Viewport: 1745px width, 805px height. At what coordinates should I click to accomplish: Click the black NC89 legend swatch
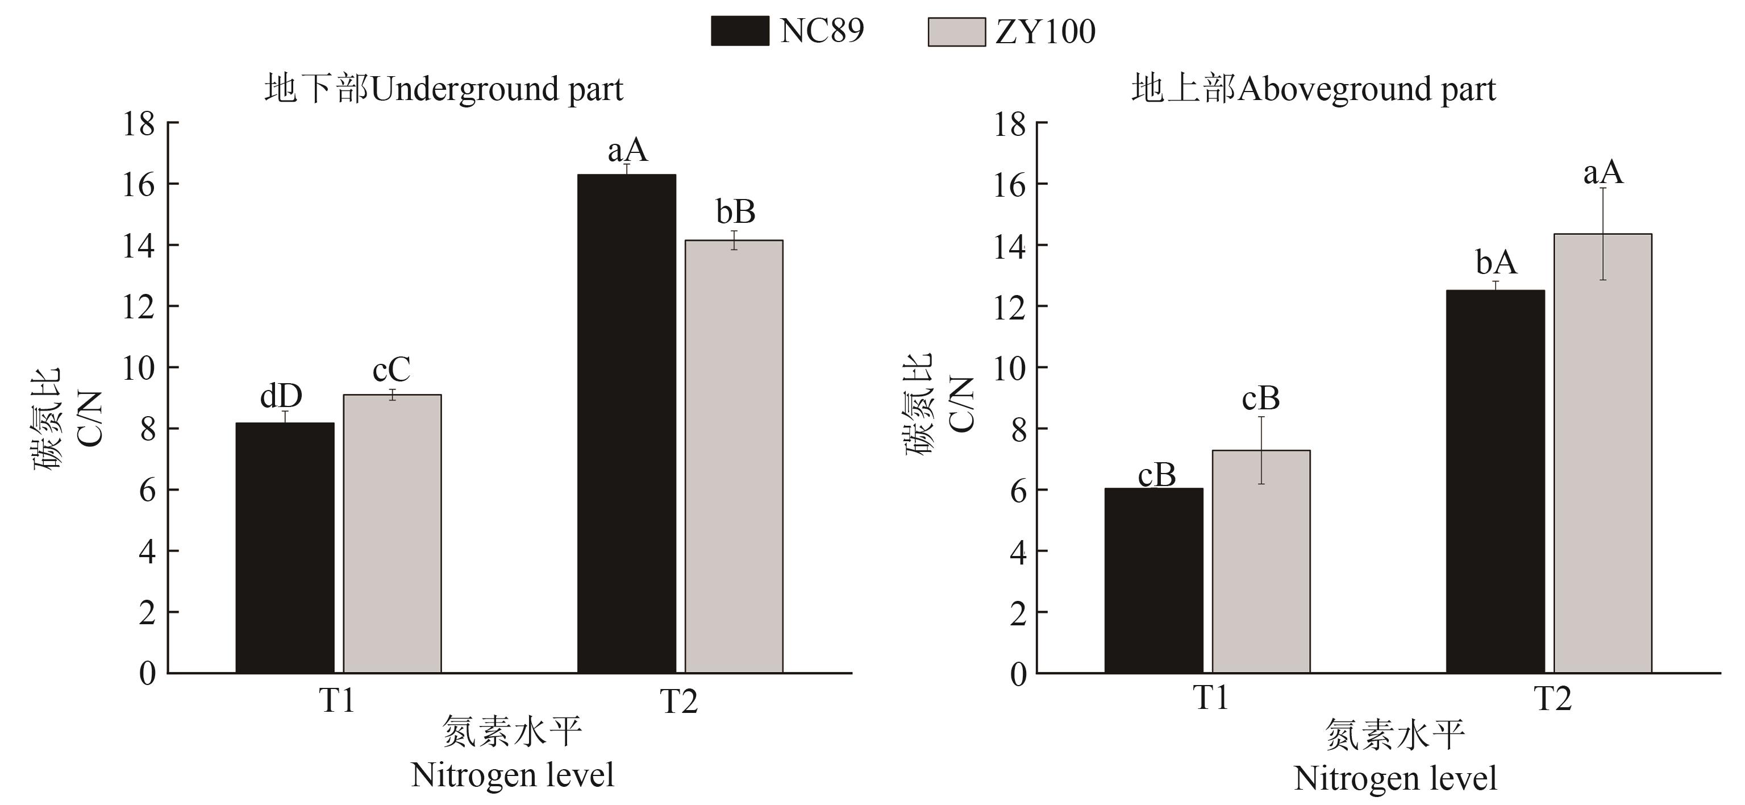pos(740,31)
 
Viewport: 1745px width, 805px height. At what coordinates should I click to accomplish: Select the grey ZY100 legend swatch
pos(956,32)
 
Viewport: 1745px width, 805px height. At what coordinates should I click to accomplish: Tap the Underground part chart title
pos(444,89)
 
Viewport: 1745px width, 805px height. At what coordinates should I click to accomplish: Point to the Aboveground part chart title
pos(1314,89)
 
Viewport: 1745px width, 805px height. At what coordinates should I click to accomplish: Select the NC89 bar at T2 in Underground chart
pos(627,424)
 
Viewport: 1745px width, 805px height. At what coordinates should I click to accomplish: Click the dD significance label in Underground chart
pos(281,396)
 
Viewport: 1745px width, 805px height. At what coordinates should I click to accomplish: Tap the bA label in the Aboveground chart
pos(1496,263)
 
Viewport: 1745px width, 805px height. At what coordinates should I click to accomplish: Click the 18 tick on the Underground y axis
pos(139,124)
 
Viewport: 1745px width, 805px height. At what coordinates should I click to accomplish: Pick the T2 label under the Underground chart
pos(679,702)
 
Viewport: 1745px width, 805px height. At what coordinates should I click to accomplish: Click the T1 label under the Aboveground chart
pos(1210,698)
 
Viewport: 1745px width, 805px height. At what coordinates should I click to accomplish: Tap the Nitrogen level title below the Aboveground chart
pos(1395,779)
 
